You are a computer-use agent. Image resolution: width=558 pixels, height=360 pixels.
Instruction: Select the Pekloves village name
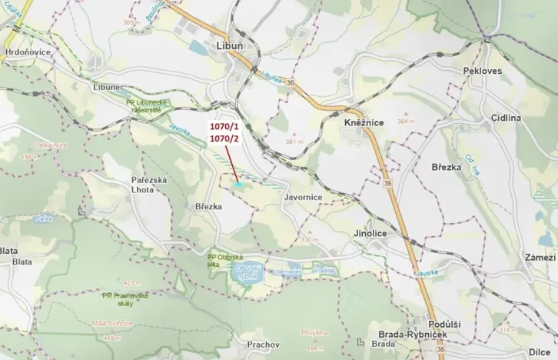pyautogui.click(x=482, y=71)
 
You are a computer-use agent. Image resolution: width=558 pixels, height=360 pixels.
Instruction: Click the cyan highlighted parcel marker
pyautogui.click(x=239, y=185)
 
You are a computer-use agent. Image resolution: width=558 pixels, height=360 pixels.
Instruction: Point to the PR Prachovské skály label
pyautogui.click(x=126, y=298)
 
